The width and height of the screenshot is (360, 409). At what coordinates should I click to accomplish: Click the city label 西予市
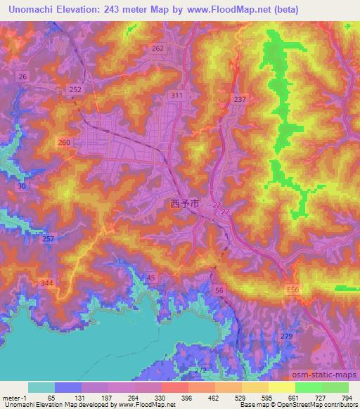(x=184, y=203)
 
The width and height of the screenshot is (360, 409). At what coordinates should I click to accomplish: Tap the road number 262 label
(x=157, y=48)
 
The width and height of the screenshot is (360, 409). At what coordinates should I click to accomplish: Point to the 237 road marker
(x=240, y=99)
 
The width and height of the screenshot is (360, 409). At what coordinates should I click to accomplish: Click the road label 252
(x=76, y=90)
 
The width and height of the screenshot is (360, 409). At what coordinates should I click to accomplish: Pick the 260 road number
(x=65, y=143)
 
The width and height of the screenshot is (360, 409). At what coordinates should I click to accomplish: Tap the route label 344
(x=47, y=282)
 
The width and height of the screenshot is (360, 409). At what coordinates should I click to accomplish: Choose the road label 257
(x=48, y=240)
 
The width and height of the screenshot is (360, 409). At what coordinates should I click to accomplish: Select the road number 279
(x=285, y=337)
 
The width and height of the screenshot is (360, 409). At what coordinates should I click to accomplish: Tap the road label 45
(x=152, y=278)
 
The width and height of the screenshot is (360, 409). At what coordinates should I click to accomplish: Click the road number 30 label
(x=22, y=186)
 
